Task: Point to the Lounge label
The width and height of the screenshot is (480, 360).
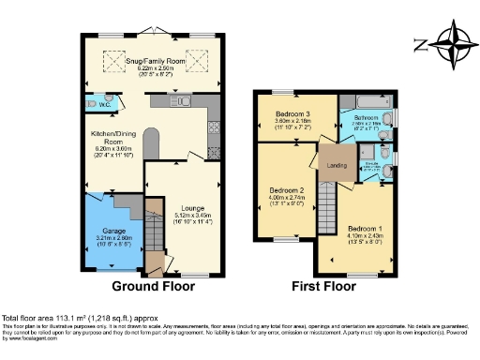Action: [180, 207]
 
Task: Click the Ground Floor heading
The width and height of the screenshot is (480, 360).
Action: [154, 285]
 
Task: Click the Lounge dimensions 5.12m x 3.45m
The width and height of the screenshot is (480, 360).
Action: [180, 216]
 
